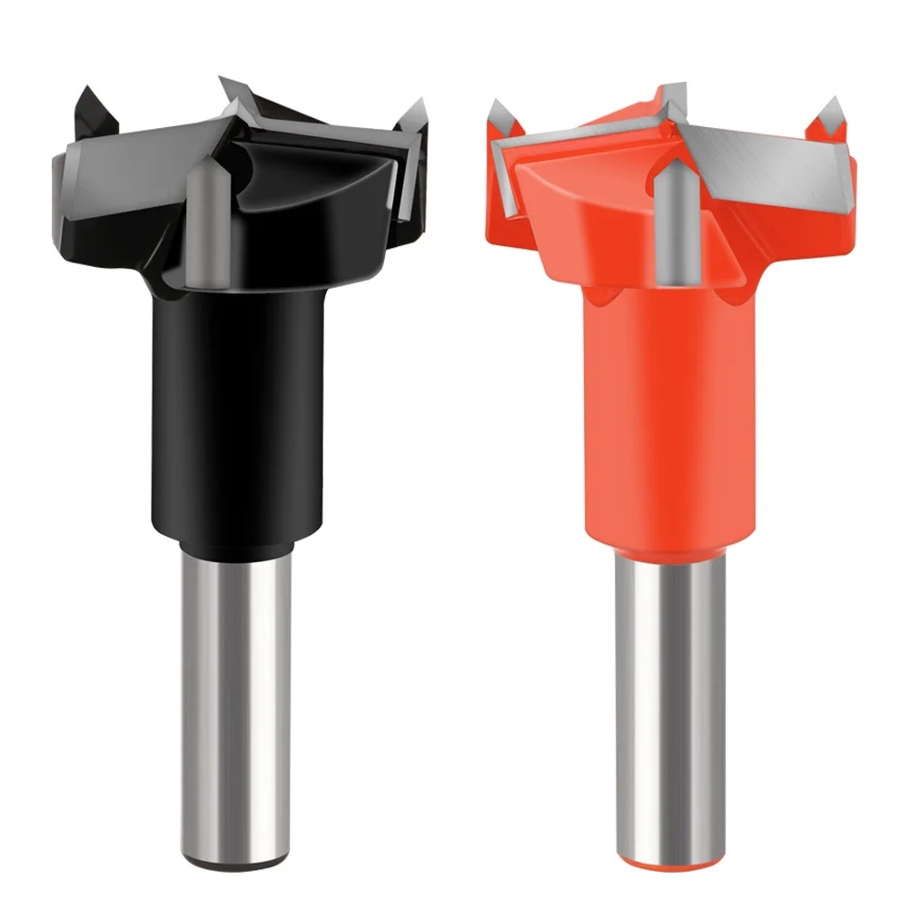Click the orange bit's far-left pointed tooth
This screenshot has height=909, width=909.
click(499, 118)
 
